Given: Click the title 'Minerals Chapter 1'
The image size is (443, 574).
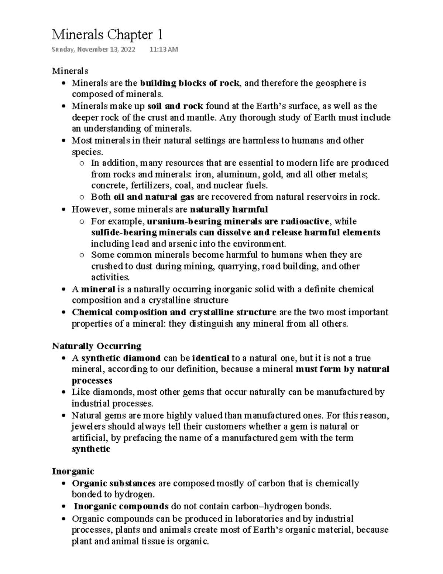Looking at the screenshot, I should coord(107,35).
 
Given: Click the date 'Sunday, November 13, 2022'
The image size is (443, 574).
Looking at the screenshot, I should coord(93,50).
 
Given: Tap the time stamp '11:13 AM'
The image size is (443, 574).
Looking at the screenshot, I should coord(164,50).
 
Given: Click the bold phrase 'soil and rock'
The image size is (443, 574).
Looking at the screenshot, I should coord(175,106).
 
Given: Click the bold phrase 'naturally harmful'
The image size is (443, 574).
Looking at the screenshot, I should coord(229,210).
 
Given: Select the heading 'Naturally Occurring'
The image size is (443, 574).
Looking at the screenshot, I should coord(97,346).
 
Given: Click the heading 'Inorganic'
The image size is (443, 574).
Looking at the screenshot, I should coord(73,472).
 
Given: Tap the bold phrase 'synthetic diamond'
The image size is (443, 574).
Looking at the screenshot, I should coord(121,358).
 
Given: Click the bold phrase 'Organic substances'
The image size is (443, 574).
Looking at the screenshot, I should coord(114,483).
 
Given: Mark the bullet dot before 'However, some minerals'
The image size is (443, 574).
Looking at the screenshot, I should coord(64,210).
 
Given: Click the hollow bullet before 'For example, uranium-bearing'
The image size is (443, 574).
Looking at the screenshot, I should coord(82,222).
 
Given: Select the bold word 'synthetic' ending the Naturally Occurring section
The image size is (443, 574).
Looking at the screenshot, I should coord(91,449).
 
